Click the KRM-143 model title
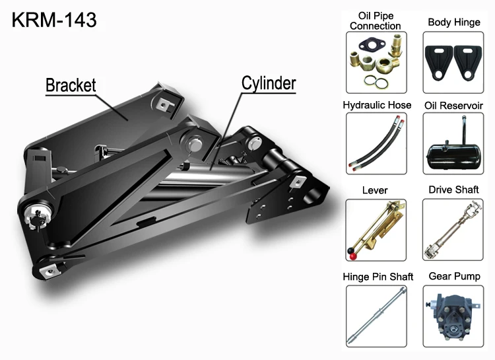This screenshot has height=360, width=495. pos(54,20)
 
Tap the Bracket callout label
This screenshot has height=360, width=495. pos(71,85)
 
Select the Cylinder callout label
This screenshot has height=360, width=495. pos(269,83)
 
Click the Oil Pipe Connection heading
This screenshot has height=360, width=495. pos(376,21)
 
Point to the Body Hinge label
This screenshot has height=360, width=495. pos(454,22)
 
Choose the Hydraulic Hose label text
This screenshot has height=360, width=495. pos(377,105)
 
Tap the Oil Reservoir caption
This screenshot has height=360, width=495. pos(453,106)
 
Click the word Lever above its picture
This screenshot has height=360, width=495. pos(375,190)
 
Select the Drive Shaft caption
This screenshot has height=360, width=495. pos(453,190)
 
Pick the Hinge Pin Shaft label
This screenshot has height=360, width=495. pos(378,277)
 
